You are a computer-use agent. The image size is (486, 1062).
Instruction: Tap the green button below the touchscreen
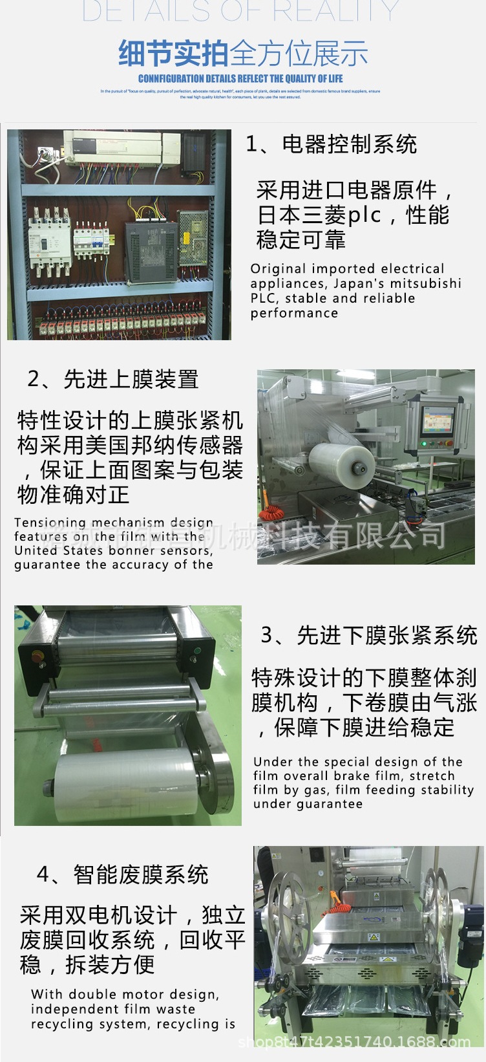[x=425, y=444]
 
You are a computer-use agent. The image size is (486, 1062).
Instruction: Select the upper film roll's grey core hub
[x=359, y=466]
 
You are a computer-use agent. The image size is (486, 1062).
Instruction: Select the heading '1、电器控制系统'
[x=331, y=144]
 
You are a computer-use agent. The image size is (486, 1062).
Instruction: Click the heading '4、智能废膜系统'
[x=122, y=874]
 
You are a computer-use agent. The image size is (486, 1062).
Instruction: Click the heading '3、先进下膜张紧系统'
[x=368, y=635]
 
